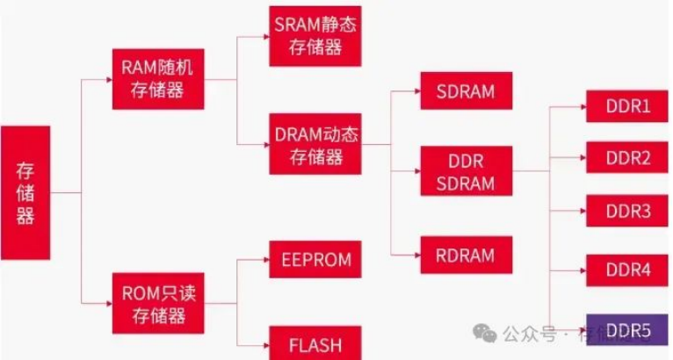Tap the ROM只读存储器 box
[x=159, y=301]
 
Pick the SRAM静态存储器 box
[x=315, y=35]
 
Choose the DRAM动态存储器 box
[x=315, y=145]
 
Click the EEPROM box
[x=315, y=260]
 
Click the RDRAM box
[x=465, y=256]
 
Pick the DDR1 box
[x=628, y=107]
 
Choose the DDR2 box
[x=628, y=159]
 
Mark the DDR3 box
[x=628, y=212]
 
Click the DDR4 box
[x=628, y=270]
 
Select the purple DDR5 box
[x=628, y=330]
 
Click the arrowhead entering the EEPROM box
[x=264, y=260]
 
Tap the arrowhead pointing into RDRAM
[x=415, y=256]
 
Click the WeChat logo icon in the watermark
[x=484, y=334]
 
